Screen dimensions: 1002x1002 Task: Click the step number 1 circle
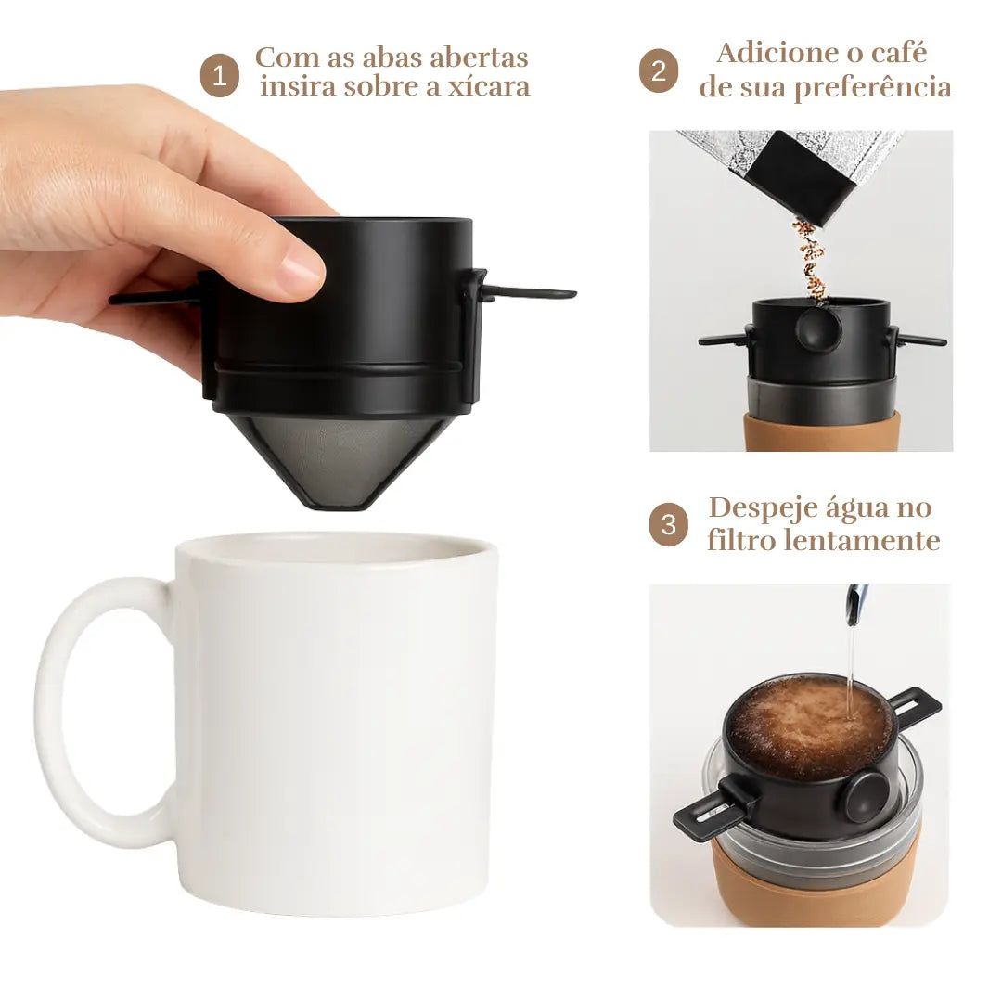(219, 75)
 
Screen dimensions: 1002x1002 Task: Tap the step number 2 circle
(659, 71)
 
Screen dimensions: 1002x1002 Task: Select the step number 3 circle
(668, 524)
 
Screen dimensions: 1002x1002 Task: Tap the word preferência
(873, 87)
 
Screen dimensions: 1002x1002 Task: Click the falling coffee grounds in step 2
(810, 259)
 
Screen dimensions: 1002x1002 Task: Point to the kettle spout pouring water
(856, 604)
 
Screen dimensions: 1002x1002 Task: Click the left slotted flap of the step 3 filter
(712, 809)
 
